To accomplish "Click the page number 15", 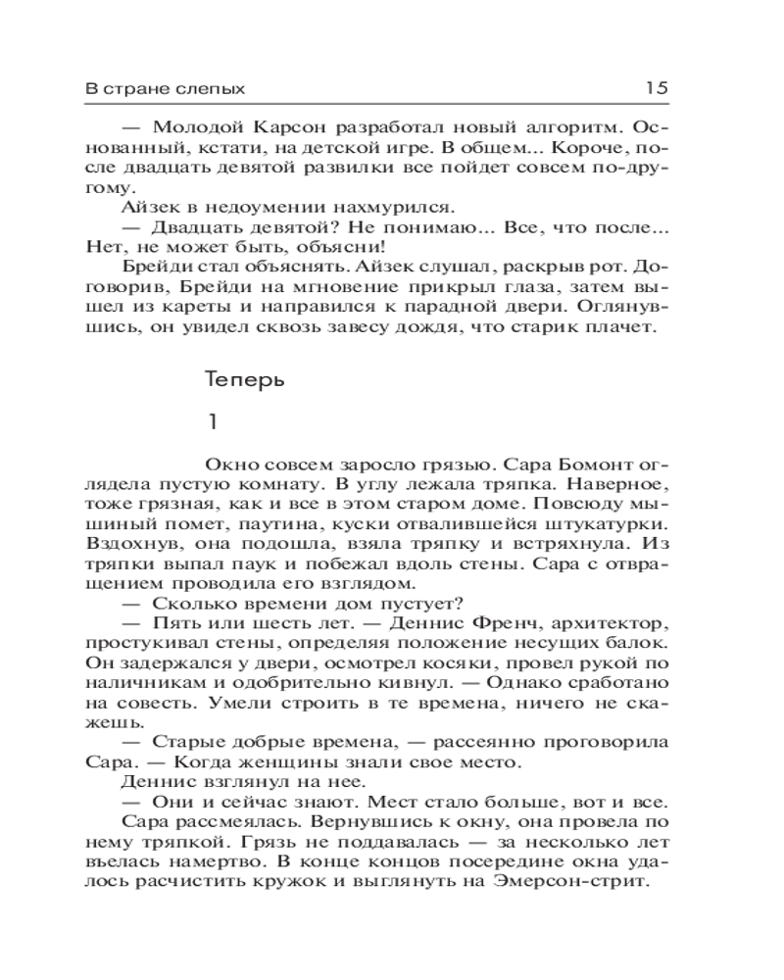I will click(x=656, y=87).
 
